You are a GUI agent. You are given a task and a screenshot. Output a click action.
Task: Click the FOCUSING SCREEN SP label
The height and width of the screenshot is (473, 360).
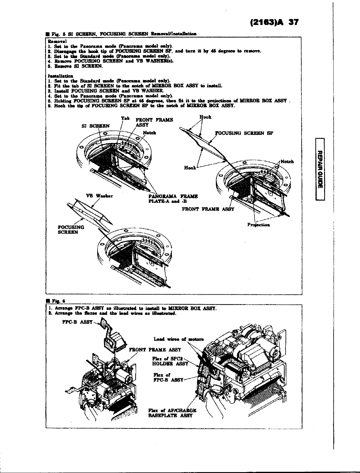[x=244, y=133]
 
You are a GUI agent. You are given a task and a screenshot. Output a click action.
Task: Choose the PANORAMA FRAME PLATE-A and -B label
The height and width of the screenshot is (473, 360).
[x=173, y=199]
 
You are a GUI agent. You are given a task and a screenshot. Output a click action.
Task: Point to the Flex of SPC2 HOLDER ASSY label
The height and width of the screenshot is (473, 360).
[x=170, y=361]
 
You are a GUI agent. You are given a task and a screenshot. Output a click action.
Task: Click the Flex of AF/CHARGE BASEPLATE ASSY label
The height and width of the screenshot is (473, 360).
[x=172, y=413]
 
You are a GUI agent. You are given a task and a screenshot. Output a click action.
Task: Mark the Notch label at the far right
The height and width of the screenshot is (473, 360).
[x=287, y=162]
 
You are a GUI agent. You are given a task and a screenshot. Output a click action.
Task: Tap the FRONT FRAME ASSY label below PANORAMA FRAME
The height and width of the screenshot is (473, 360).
[x=208, y=209]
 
